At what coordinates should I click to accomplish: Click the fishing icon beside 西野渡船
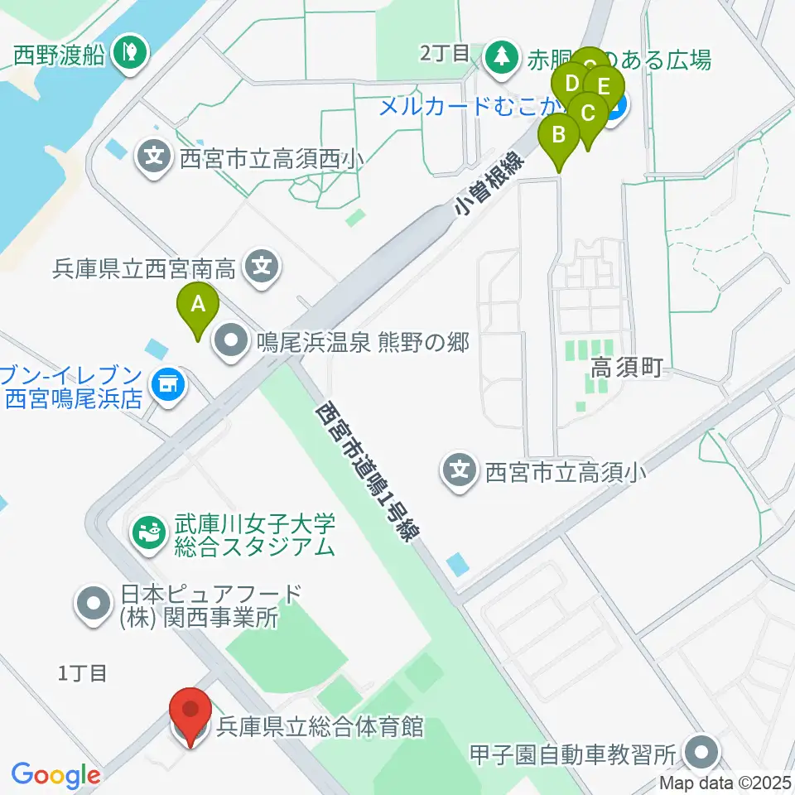click(128, 54)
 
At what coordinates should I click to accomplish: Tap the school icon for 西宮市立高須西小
click(155, 155)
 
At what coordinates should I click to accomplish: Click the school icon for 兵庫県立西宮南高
click(262, 267)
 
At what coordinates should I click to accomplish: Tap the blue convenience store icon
click(168, 383)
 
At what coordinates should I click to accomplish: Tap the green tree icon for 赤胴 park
click(500, 58)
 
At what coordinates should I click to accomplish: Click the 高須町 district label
click(627, 369)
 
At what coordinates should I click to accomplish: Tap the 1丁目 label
click(82, 672)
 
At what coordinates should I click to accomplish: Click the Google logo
click(55, 775)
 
